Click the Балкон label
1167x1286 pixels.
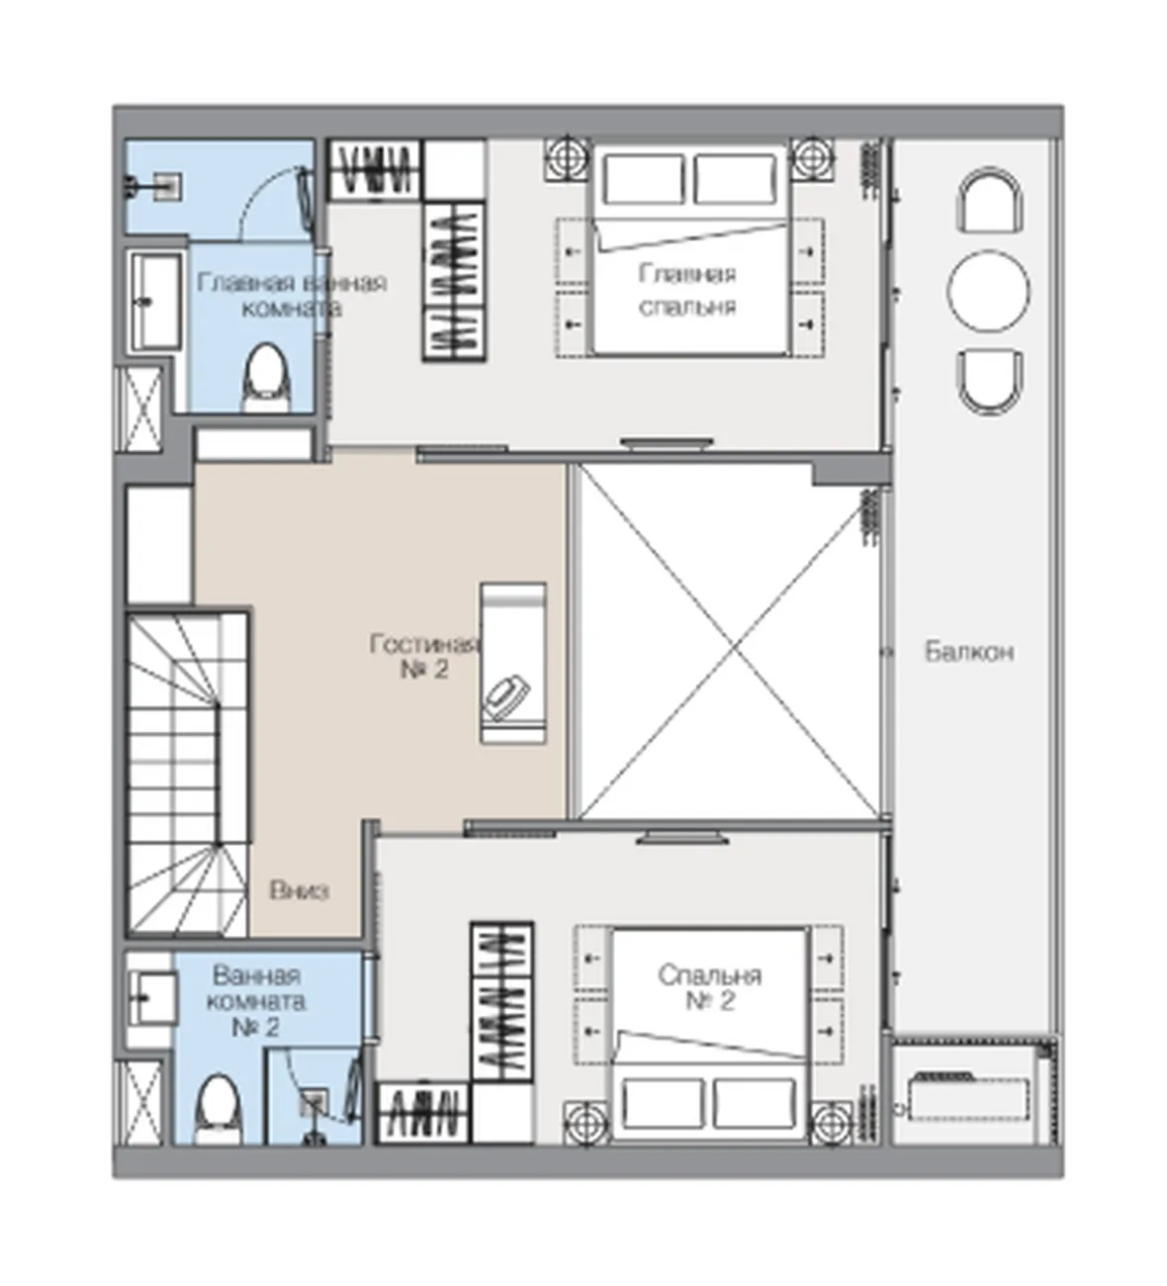coord(969,653)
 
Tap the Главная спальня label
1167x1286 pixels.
coord(687,291)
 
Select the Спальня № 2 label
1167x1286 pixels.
coord(710,988)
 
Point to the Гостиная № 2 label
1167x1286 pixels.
coord(424,656)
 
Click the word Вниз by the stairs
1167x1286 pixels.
coord(300,891)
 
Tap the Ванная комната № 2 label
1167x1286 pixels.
coord(256,1002)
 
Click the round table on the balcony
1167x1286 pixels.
coord(989,291)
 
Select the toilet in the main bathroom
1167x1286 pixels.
coord(268,378)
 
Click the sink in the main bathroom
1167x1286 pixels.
coord(155,302)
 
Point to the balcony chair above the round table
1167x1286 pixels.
coord(989,200)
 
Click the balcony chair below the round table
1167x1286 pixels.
coord(989,382)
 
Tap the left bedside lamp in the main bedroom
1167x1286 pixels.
coord(566,157)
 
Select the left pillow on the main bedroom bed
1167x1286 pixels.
coord(644,179)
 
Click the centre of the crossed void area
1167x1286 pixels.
coord(729,641)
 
